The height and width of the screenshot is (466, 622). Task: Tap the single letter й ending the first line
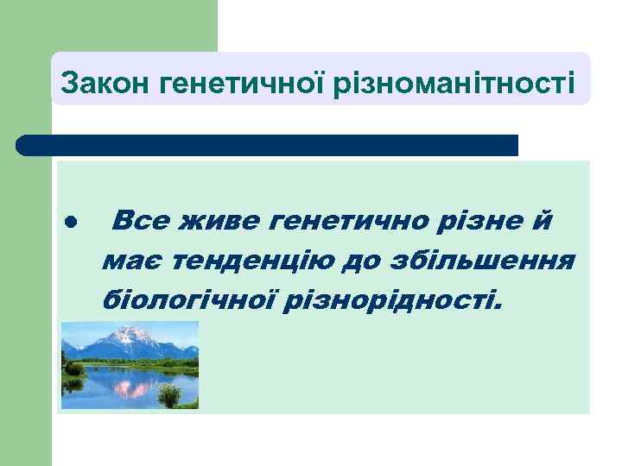tap(542, 221)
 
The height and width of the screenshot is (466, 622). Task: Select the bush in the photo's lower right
tap(169, 396)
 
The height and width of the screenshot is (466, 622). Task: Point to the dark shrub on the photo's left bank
tap(74, 369)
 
